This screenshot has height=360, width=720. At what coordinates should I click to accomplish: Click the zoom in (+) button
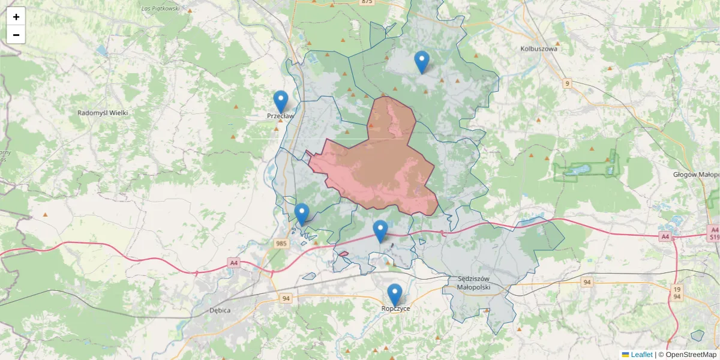pos(16,17)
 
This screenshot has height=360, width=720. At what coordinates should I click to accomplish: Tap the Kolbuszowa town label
pos(539,49)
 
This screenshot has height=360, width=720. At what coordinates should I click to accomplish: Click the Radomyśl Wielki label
pos(103,113)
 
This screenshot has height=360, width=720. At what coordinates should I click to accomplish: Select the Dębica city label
pos(221,310)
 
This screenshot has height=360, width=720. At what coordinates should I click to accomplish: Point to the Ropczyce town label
pos(395,308)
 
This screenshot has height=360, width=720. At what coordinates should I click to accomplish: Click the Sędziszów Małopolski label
pos(474,283)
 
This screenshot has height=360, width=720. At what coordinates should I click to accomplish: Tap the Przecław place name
pos(280,116)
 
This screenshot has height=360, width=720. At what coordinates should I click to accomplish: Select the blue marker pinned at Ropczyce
pos(394,295)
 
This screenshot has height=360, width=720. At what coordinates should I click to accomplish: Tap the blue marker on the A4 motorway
pos(380,231)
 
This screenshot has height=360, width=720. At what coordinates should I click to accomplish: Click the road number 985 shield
pos(281,244)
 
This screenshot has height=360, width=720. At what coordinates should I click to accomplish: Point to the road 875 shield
pos(367,2)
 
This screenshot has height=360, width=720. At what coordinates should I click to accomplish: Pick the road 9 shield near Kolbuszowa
pos(567,83)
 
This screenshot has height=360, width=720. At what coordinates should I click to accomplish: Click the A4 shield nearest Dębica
pos(234,263)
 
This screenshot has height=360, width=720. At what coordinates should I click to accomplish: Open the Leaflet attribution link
pos(641,355)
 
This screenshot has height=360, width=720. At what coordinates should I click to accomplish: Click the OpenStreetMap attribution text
pos(687,355)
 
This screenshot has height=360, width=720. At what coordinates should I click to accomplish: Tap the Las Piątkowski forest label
pos(160,8)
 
